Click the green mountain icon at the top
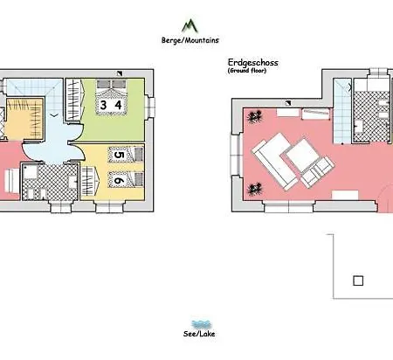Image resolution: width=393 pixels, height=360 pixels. pyautogui.click(x=189, y=24)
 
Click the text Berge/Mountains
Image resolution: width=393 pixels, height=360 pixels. pyautogui.click(x=189, y=39)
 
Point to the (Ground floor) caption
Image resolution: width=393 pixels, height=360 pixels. pyautogui.click(x=247, y=71)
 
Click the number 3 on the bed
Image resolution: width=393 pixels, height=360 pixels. pyautogui.click(x=105, y=106)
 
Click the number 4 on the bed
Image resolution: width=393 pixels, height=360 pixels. pyautogui.click(x=117, y=106)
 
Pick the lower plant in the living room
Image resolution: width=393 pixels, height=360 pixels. pyautogui.click(x=256, y=186)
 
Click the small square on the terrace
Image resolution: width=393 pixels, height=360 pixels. pyautogui.click(x=357, y=280)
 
